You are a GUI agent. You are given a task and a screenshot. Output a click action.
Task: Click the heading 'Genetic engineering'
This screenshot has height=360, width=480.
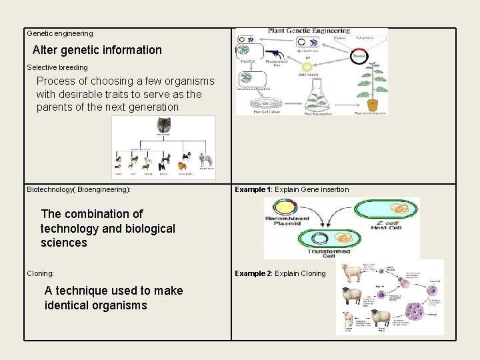pyautogui.click(x=60, y=33)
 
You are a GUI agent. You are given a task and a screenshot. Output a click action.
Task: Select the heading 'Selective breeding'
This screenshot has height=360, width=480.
pyautogui.click(x=57, y=67)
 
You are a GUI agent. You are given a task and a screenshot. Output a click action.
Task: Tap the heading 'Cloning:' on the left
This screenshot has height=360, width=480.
pyautogui.click(x=41, y=273)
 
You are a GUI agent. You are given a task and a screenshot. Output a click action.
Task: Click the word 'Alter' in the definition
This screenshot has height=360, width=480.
pyautogui.click(x=45, y=50)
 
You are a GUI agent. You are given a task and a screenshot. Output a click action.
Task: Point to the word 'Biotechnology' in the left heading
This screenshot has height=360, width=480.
pyautogui.click(x=50, y=189)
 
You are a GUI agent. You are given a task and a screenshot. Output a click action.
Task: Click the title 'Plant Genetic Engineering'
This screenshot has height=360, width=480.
pyautogui.click(x=309, y=31)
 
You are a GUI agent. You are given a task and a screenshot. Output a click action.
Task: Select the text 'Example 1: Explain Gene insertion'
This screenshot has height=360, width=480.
pyautogui.click(x=291, y=189)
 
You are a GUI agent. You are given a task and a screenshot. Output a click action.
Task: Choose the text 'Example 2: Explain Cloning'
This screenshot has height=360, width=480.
pyautogui.click(x=280, y=273)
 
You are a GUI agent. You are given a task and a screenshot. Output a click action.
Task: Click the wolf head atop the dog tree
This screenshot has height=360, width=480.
pyautogui.click(x=163, y=125)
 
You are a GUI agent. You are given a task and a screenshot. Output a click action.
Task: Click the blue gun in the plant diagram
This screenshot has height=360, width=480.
pyautogui.click(x=276, y=53)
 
